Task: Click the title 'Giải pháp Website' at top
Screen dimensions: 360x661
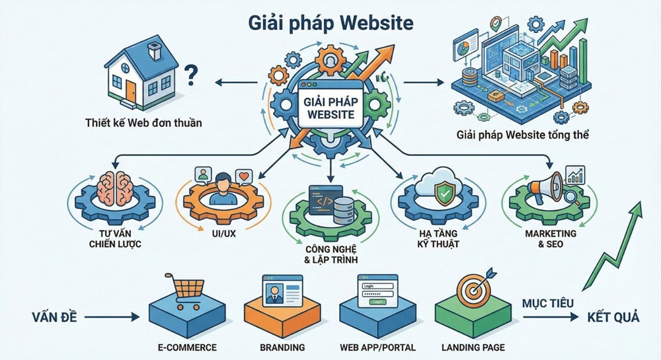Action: pos(330,22)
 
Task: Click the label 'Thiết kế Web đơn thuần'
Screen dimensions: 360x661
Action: pos(143,123)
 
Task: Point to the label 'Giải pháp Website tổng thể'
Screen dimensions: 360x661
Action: pos(522,135)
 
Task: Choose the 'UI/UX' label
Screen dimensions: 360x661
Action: pos(222,233)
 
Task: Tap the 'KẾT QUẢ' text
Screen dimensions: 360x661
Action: pos(613,317)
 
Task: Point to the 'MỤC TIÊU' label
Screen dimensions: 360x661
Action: pos(547,304)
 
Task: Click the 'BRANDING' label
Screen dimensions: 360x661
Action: pos(283,347)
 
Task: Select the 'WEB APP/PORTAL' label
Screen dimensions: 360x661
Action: pos(377,347)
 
